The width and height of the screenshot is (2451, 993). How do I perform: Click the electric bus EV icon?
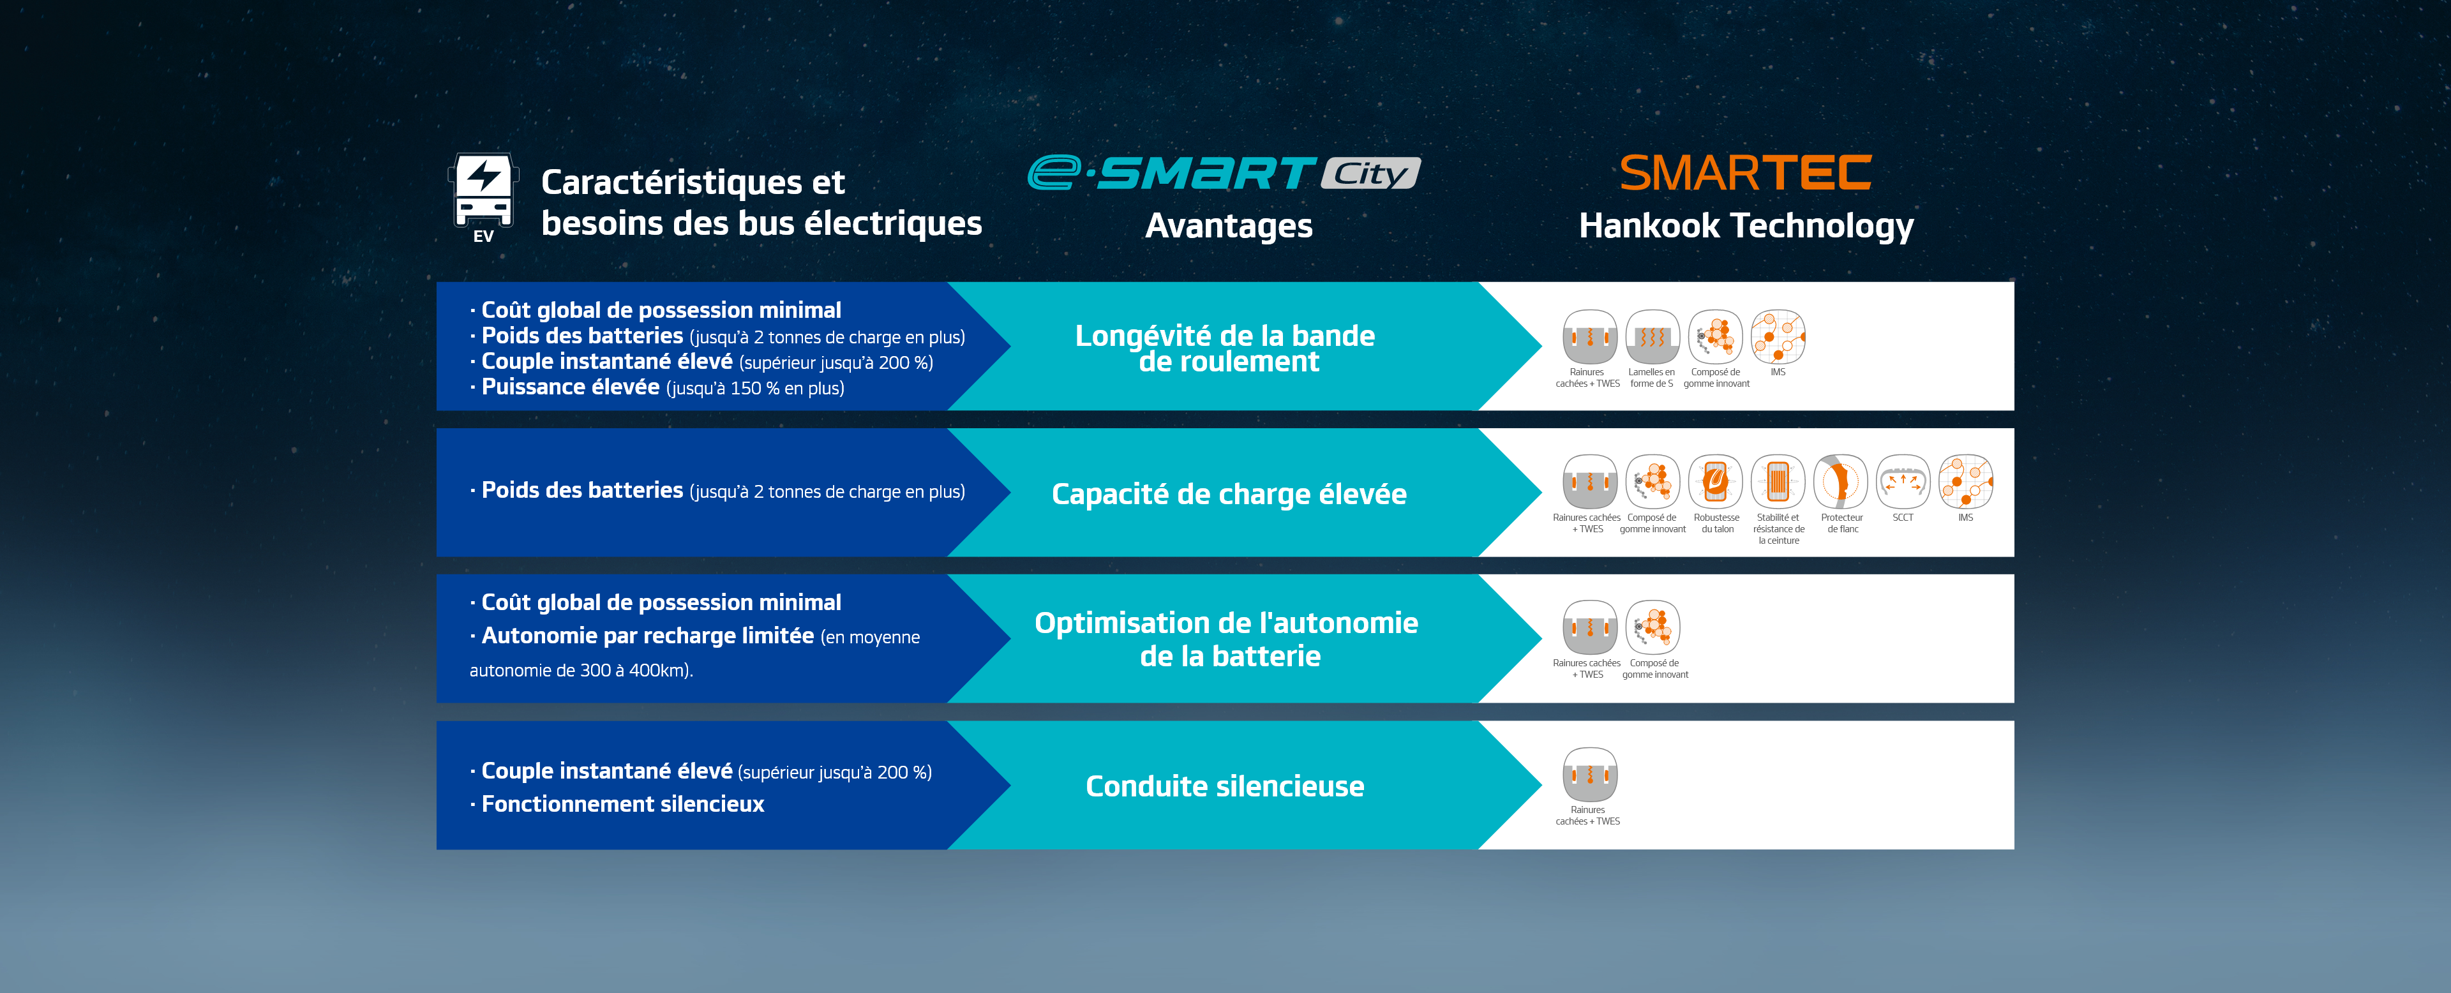(483, 196)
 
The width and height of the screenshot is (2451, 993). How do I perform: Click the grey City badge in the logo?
(1370, 173)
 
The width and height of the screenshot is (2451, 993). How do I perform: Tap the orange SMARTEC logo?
(1745, 173)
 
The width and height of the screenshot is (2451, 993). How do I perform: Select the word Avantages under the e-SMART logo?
(1228, 227)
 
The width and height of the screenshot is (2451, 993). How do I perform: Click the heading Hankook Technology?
(1746, 227)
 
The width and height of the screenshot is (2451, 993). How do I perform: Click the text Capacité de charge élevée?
(1228, 495)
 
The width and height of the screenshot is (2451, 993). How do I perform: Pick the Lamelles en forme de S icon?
(1652, 337)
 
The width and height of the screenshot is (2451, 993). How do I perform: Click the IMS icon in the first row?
(1778, 337)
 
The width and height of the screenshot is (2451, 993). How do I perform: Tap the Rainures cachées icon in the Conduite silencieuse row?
(1589, 774)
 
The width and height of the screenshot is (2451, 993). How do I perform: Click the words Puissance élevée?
(570, 387)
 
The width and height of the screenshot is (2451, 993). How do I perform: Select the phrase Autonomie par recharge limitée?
(647, 636)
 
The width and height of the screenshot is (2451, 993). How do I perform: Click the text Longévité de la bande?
(1225, 336)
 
